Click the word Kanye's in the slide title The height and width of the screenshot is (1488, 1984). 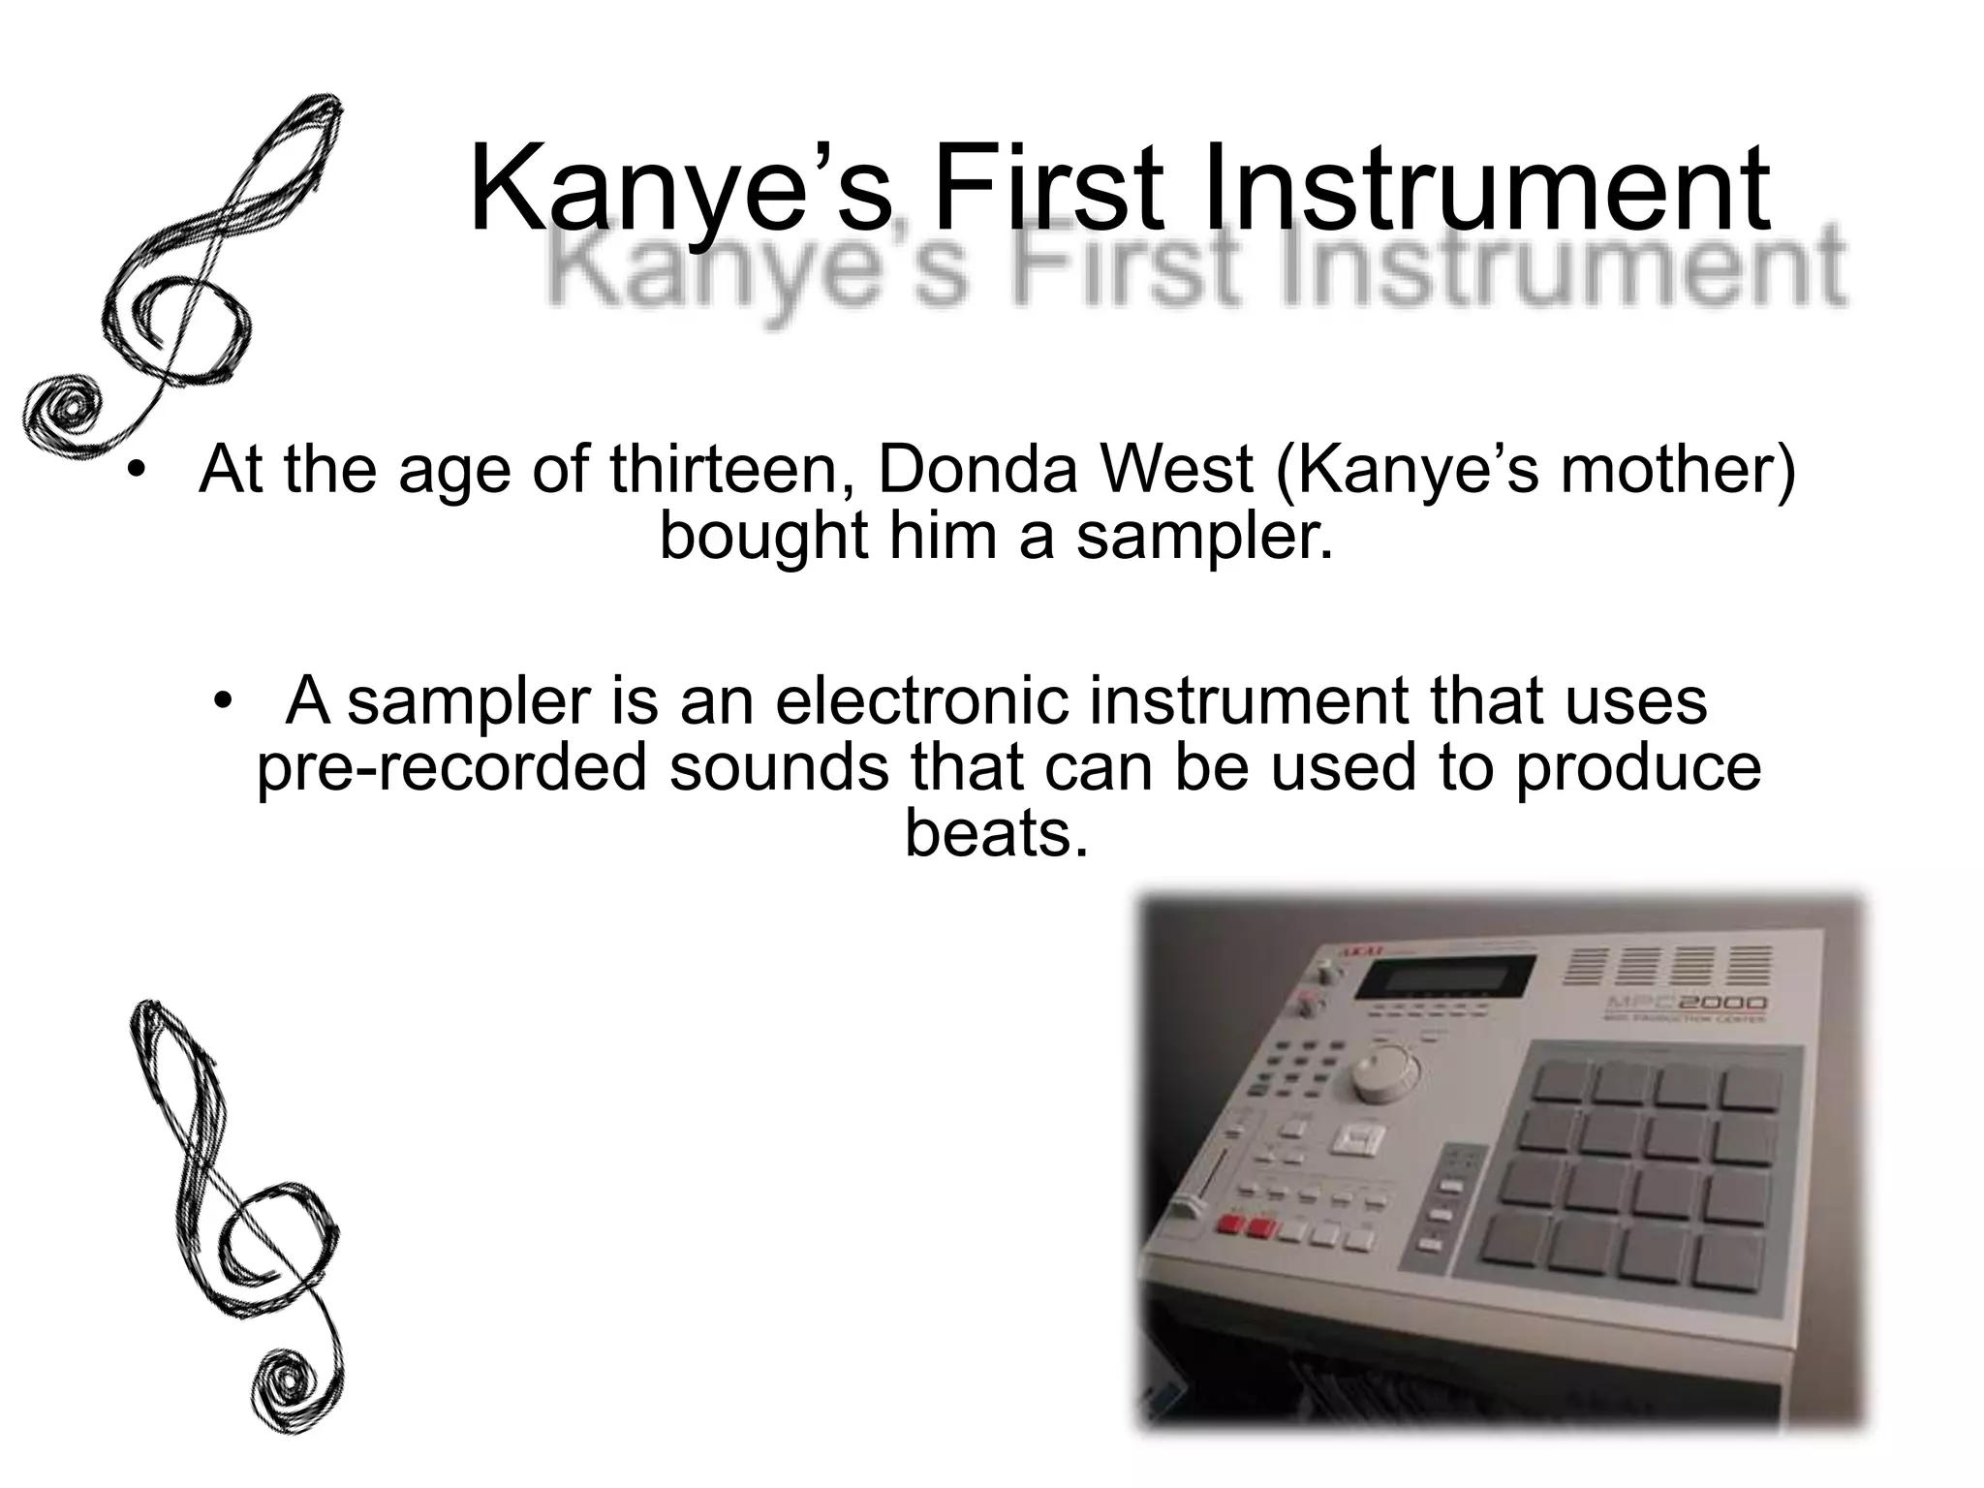[678, 189]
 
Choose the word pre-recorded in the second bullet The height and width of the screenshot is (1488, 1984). [450, 767]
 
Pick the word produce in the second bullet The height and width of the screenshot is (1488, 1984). [1638, 767]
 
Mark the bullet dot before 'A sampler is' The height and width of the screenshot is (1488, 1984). [224, 702]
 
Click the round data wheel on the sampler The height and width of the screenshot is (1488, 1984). [1380, 1070]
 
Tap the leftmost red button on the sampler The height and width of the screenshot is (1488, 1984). [1232, 1226]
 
